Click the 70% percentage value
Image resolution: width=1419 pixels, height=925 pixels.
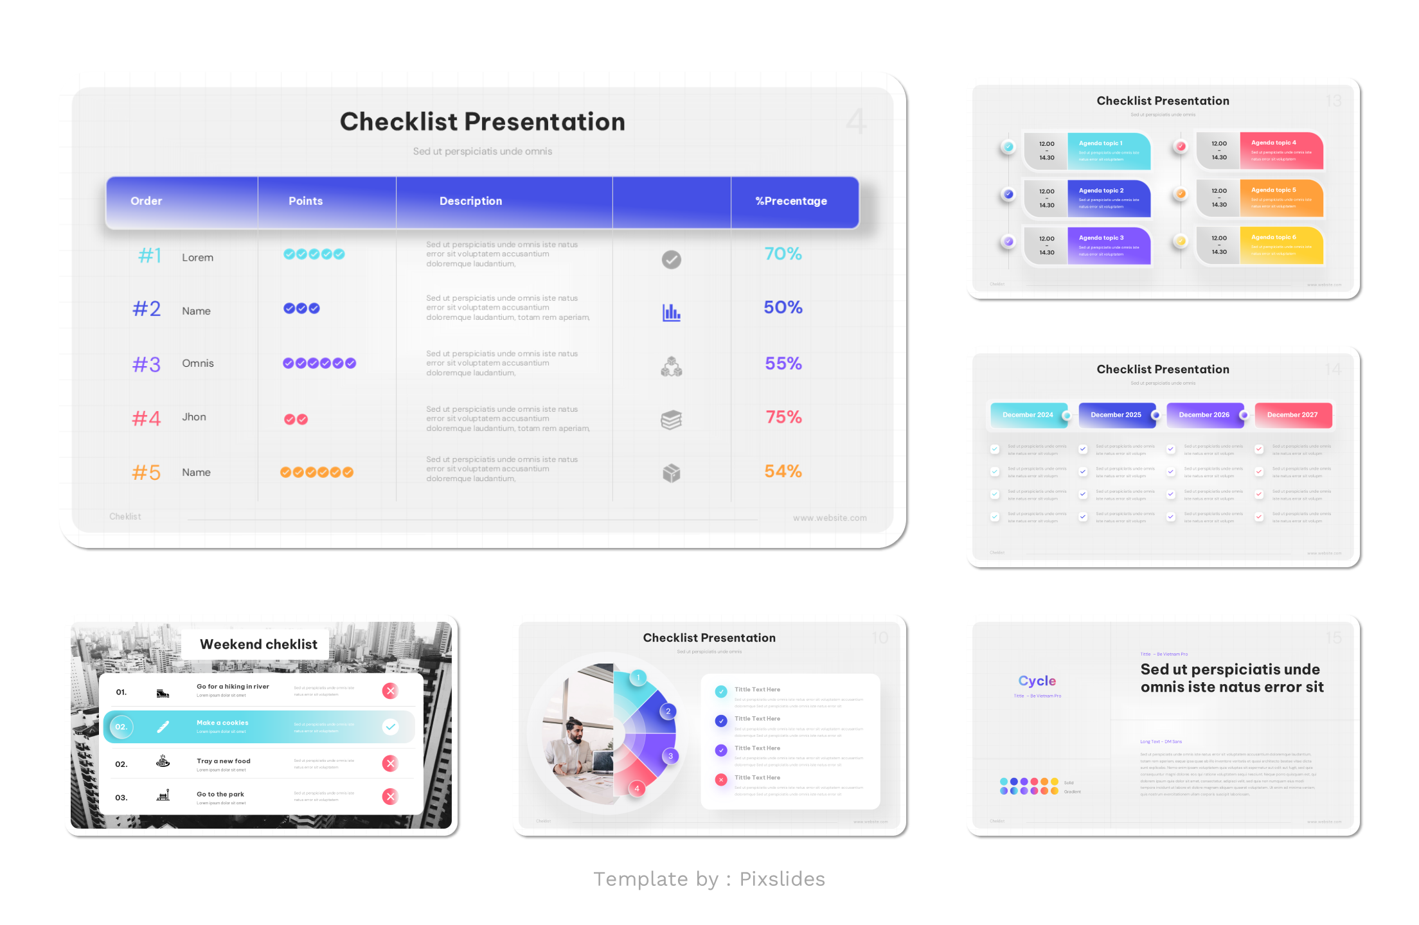(x=783, y=254)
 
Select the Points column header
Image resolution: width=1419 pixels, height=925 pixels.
(x=305, y=201)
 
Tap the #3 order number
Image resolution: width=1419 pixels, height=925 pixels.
(x=147, y=365)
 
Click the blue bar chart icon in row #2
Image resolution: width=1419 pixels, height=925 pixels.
(x=672, y=313)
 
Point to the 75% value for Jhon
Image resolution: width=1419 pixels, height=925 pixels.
(x=783, y=418)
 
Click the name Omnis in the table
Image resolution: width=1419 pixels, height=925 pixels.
(x=198, y=364)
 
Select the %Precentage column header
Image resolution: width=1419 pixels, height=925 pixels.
(x=791, y=201)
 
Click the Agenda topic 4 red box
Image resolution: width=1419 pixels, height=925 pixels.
(x=1281, y=151)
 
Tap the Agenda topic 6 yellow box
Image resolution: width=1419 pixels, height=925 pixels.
(x=1281, y=245)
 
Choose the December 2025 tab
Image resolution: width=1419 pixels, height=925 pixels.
(x=1116, y=415)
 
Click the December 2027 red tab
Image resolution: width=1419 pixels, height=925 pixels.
(x=1292, y=415)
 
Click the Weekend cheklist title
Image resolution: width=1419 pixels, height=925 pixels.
(x=258, y=644)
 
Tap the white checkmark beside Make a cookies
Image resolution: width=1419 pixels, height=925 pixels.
(x=390, y=727)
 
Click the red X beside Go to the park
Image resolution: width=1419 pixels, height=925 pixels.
(x=390, y=797)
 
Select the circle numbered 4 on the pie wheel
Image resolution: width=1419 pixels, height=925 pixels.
(x=637, y=789)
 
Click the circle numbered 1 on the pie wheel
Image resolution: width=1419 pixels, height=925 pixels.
(x=638, y=677)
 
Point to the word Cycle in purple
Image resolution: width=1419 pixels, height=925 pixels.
(x=1037, y=681)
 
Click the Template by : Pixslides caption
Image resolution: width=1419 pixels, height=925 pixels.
(x=709, y=879)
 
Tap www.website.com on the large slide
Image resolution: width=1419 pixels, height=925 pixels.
(x=829, y=518)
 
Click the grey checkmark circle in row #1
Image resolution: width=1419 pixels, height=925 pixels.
(x=672, y=260)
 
